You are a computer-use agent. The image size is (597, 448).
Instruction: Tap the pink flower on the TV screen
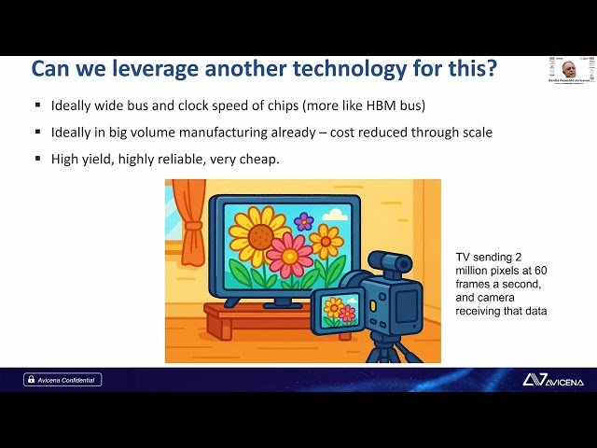(x=290, y=254)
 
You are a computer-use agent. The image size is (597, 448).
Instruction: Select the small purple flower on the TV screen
(x=304, y=221)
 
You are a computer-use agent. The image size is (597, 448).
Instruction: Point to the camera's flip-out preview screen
(x=338, y=310)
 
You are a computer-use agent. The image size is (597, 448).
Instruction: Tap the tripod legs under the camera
(x=385, y=353)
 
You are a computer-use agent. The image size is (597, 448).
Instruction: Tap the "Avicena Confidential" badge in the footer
(x=62, y=379)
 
